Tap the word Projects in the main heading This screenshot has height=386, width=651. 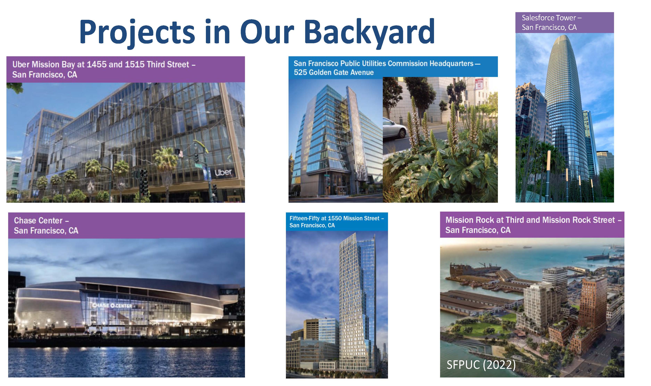pos(137,32)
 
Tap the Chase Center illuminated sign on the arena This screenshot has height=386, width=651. pos(112,305)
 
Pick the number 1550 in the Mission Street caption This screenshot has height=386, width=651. pos(335,219)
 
